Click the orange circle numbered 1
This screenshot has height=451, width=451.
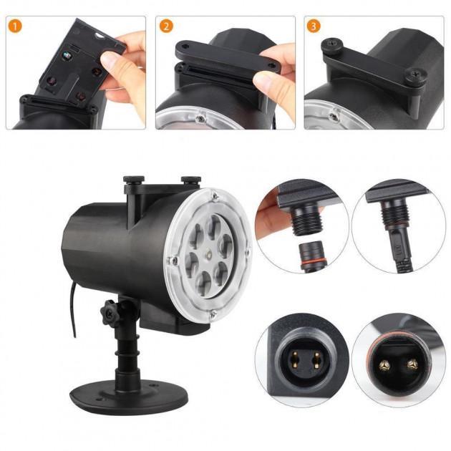click(15, 26)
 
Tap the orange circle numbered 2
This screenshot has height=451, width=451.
click(166, 26)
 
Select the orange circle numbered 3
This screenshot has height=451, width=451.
click(314, 26)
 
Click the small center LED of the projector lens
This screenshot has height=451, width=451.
click(208, 255)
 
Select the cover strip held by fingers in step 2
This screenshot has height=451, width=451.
click(227, 56)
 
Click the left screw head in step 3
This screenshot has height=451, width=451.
click(331, 44)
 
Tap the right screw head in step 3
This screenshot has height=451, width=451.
click(416, 75)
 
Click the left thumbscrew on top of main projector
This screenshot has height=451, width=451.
click(134, 180)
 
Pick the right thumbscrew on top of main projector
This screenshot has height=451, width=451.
click(190, 180)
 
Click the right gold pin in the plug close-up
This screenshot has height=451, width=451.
click(412, 364)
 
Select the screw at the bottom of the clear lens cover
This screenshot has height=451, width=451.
click(213, 315)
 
